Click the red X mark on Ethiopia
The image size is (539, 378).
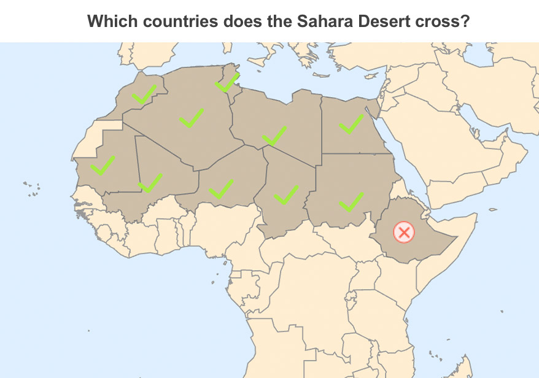click(x=403, y=233)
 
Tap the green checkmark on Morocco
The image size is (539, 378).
click(x=144, y=94)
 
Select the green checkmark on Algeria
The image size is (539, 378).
click(x=191, y=117)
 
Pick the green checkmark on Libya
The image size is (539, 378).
click(x=274, y=135)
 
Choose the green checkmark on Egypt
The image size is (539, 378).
click(x=351, y=124)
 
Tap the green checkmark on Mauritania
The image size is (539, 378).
click(x=103, y=165)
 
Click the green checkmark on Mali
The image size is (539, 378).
click(x=150, y=182)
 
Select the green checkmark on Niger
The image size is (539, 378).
click(x=221, y=188)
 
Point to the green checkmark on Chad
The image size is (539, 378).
click(x=285, y=195)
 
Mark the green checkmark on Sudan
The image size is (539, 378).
click(x=351, y=202)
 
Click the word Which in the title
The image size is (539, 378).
click(x=109, y=21)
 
